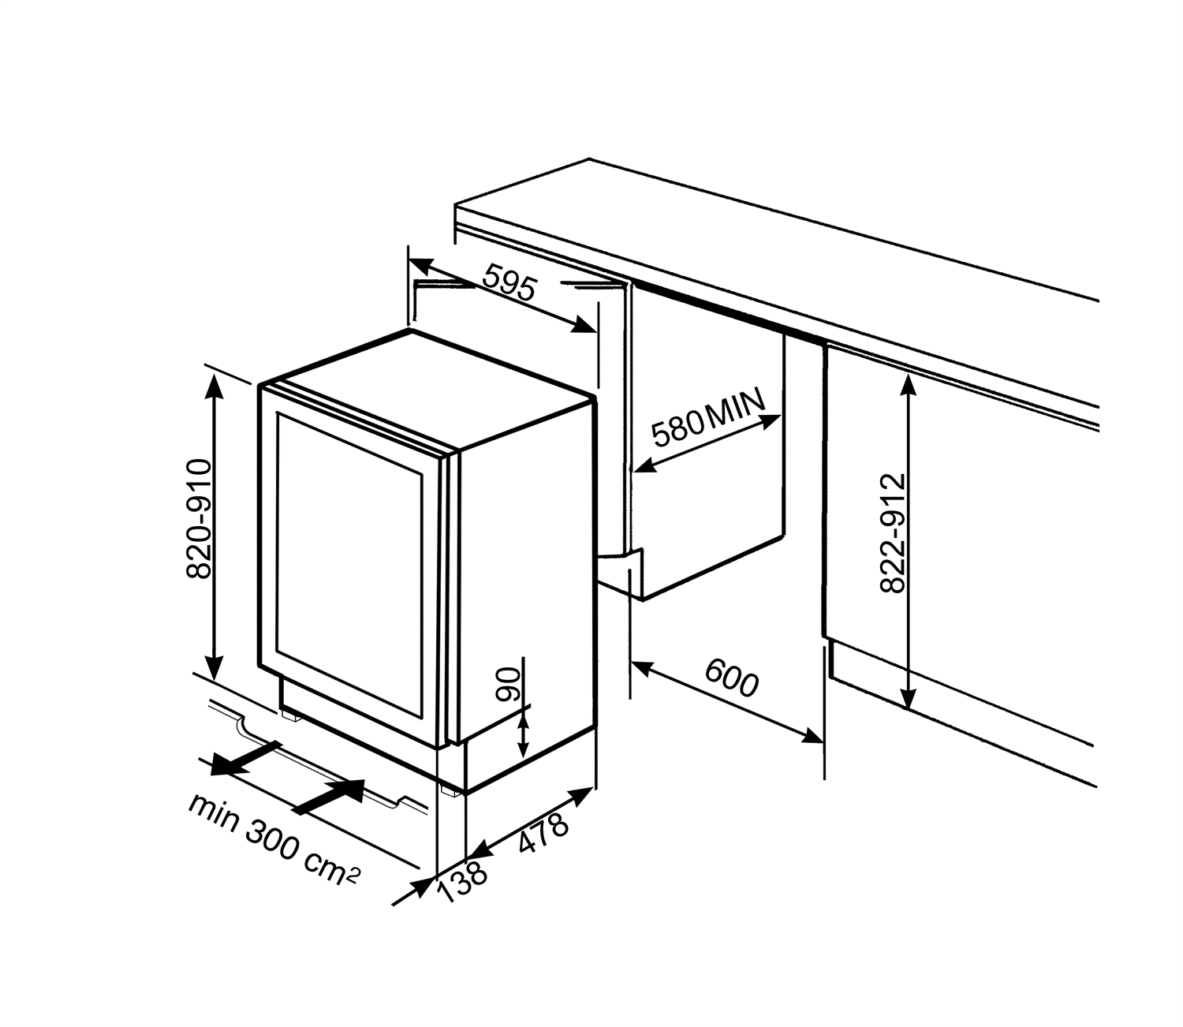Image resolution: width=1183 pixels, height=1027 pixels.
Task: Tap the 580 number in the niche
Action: (x=677, y=428)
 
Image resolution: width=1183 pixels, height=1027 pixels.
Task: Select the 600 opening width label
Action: (x=731, y=678)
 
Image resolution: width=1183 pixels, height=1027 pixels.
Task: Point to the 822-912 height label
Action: (x=892, y=533)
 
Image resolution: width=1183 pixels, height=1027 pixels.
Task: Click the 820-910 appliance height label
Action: (x=198, y=519)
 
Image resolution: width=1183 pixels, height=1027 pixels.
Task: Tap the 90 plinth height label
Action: (x=509, y=685)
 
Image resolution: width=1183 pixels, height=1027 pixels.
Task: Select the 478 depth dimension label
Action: (x=543, y=833)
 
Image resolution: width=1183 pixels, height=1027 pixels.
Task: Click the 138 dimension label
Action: (x=462, y=883)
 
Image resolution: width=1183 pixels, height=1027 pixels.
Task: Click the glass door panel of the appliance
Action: (x=350, y=566)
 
